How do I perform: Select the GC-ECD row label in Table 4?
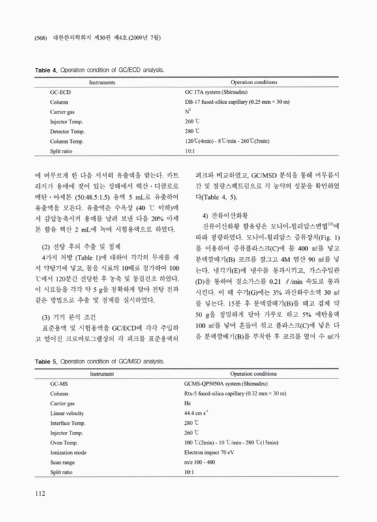tap(61, 93)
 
